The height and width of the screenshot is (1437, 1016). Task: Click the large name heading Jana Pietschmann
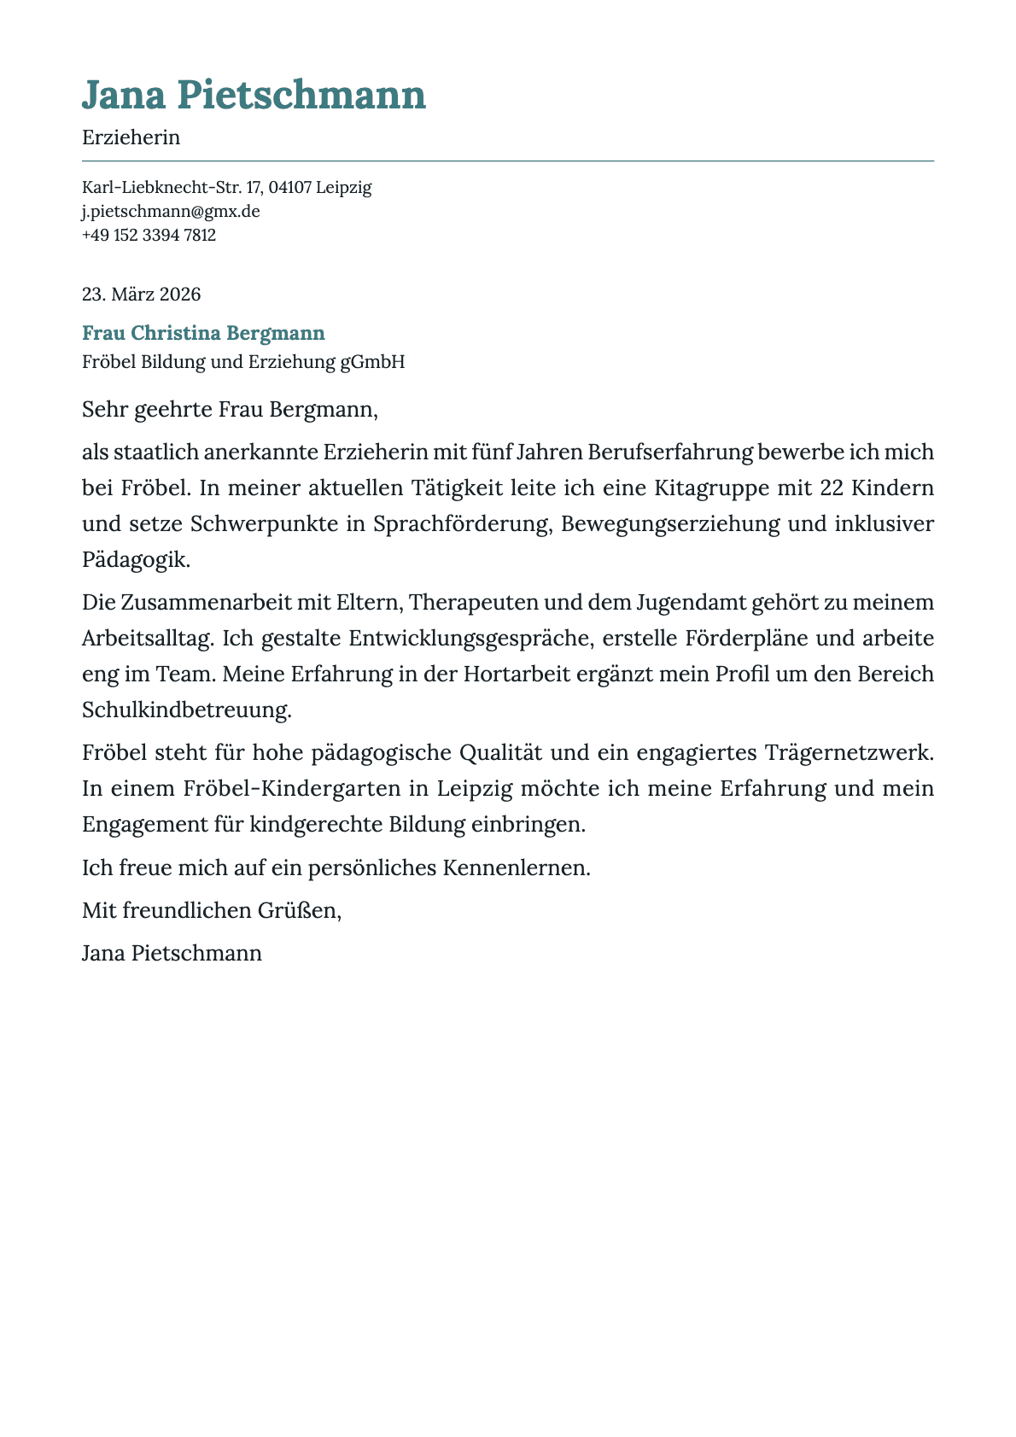point(254,95)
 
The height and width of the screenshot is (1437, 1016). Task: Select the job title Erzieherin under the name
point(131,137)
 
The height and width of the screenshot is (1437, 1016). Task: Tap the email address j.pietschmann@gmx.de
point(171,211)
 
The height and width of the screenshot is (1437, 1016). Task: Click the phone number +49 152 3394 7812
point(149,235)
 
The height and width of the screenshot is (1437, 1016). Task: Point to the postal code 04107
point(289,187)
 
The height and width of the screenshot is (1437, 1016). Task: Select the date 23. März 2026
point(141,295)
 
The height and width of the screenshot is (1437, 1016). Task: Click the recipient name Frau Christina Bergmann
point(203,333)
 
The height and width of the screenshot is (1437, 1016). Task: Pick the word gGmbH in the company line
point(372,362)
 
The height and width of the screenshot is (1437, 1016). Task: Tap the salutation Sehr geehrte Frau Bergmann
point(229,409)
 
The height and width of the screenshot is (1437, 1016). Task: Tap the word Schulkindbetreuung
point(186,710)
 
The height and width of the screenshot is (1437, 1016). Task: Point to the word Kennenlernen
point(516,868)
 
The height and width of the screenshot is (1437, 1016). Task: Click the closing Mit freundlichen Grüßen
point(212,910)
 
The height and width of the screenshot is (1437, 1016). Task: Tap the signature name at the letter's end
point(172,953)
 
